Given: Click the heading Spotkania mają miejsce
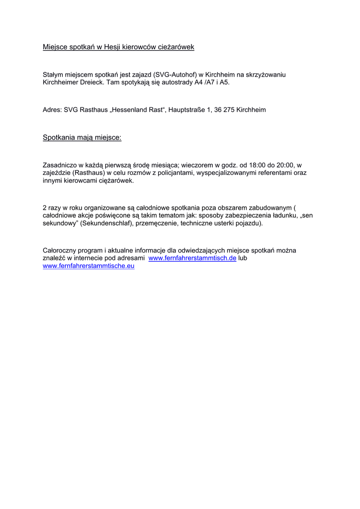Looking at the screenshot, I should (82, 137).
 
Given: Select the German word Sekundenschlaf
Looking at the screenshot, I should (106, 223).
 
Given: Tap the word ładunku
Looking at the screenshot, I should (286, 216).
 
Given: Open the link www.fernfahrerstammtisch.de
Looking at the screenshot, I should (192, 258).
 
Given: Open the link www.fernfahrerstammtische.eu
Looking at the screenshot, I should (89, 266).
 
